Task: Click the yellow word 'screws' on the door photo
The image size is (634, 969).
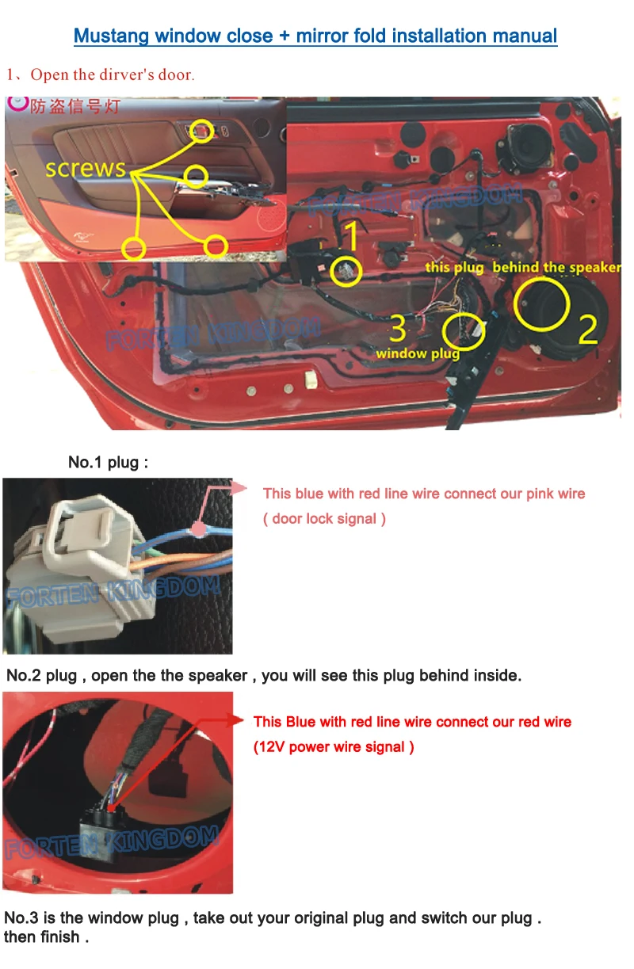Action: click(85, 168)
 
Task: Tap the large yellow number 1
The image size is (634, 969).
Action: click(349, 236)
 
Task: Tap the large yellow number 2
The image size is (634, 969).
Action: click(586, 329)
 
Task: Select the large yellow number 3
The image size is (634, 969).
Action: click(398, 327)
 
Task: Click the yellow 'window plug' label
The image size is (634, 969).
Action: click(418, 353)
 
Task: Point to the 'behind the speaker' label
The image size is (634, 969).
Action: click(556, 267)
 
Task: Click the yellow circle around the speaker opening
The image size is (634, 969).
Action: click(541, 304)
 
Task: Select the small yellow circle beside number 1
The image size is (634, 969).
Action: click(346, 271)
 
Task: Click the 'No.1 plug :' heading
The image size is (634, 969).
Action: click(108, 462)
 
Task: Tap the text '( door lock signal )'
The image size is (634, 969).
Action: click(324, 519)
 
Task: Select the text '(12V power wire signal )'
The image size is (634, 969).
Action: click(334, 747)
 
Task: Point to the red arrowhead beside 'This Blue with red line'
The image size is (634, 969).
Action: click(235, 721)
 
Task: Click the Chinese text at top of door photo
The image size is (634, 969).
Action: click(74, 106)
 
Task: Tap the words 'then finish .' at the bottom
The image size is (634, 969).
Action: click(47, 937)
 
